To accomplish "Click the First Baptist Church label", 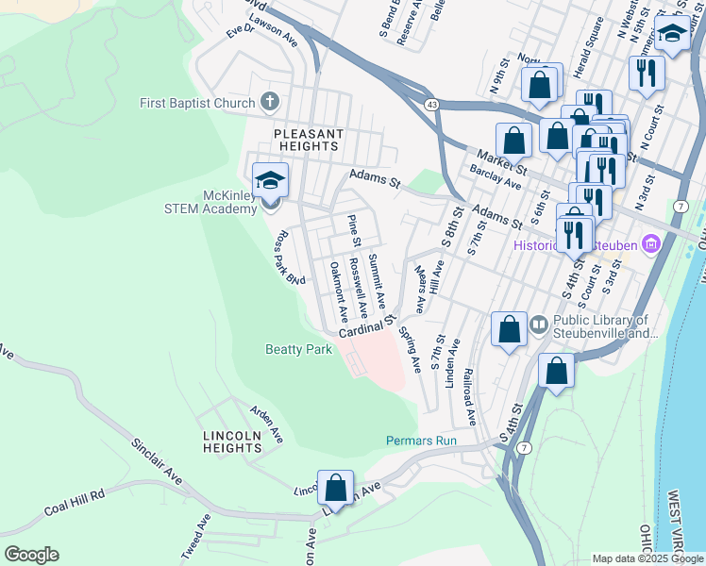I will (196, 103).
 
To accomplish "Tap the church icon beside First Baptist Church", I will (269, 103).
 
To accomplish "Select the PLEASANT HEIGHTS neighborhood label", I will (306, 141).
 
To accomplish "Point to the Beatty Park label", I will (297, 350).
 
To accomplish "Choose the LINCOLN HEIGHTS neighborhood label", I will (232, 441).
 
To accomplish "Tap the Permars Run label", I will (421, 441).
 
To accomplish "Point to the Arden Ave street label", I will (266, 424).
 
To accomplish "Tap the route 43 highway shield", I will (431, 103).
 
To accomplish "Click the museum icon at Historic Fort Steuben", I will (650, 246).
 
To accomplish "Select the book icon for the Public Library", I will (538, 325).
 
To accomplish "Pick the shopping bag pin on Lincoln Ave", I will (335, 489).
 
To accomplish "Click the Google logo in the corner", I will (31, 555).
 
